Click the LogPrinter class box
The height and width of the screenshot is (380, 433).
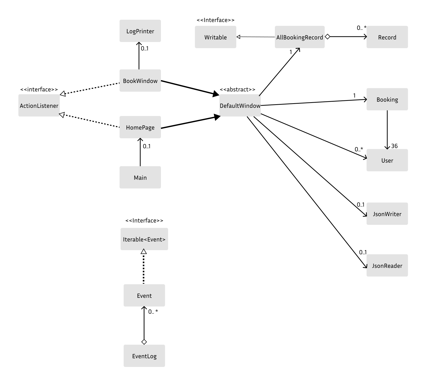coord(140,31)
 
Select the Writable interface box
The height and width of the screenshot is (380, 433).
coord(215,37)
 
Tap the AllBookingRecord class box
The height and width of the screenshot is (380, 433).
coord(299,37)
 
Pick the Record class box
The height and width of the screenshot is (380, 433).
coord(387,37)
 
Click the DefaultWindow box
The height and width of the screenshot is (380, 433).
coord(240,105)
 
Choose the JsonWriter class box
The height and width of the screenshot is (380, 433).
coord(387,214)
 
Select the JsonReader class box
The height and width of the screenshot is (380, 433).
coord(387,266)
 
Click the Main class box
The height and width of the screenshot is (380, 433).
coord(140,177)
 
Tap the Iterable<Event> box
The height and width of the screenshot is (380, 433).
coord(144,239)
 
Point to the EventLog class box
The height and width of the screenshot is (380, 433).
coord(144,356)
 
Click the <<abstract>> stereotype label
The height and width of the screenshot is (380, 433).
coord(237,89)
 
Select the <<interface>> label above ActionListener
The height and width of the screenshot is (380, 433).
coord(39,89)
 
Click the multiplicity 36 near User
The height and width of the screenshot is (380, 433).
coord(394,146)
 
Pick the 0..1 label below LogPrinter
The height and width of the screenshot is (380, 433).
coord(145,48)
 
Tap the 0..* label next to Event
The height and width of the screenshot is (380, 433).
coord(153,312)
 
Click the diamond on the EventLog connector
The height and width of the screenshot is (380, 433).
coord(144,342)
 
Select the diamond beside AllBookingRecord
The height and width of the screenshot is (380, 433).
coord(327,37)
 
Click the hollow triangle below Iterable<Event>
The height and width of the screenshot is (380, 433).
coord(144,251)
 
